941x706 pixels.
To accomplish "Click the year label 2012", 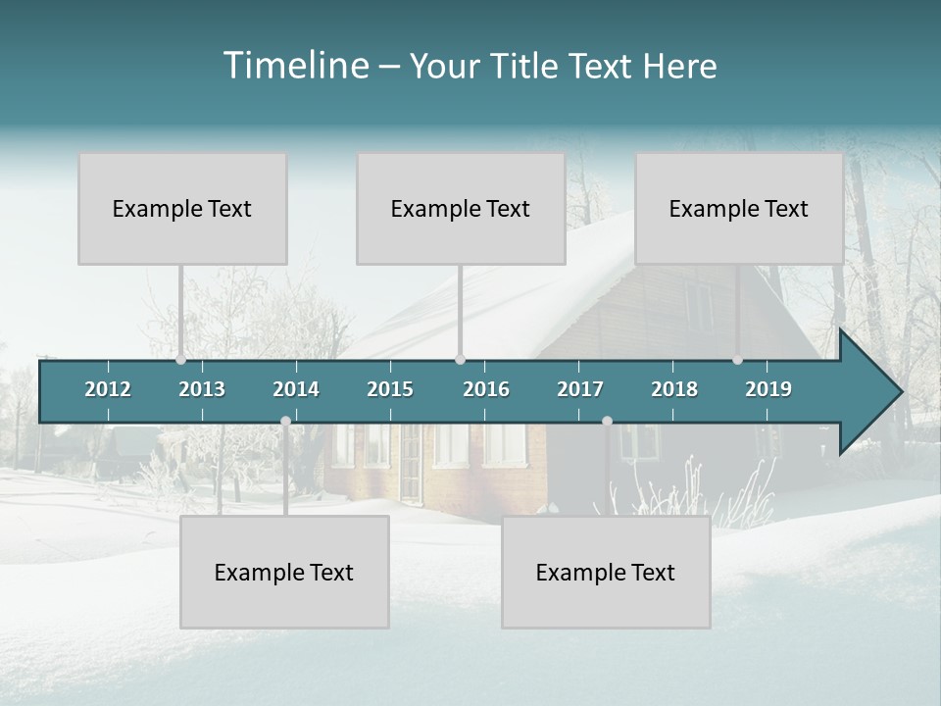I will point(108,389).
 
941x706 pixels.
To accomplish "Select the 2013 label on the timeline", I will point(202,389).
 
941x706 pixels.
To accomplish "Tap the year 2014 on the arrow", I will point(296,389).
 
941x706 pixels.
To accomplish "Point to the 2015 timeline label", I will point(390,389).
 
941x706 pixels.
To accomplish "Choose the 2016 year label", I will point(486,389).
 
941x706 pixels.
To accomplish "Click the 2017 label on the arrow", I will point(580,389).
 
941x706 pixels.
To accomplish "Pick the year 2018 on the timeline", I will point(674,389).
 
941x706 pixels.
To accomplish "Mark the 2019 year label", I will point(768,389).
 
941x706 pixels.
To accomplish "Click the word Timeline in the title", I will point(294,66).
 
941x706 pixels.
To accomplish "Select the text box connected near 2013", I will point(182,208).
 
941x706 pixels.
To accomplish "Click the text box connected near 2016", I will point(461,208).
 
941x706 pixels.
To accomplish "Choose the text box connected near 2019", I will point(739,208).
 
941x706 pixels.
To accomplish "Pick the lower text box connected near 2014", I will point(284,572).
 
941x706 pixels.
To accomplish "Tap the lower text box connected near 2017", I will point(606,572).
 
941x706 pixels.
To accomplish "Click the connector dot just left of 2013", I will point(181,359).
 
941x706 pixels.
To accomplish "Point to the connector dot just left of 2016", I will point(461,359).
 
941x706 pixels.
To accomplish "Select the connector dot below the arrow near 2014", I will point(285,421).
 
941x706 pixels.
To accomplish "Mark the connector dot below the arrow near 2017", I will point(607,421).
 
